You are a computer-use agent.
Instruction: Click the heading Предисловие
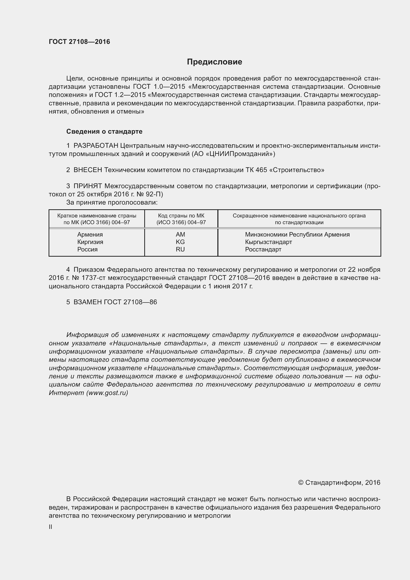tap(214, 62)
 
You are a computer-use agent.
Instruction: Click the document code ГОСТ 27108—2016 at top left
tap(79, 42)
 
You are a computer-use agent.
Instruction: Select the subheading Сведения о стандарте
tap(104, 131)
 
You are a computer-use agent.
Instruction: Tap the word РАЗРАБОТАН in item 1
tap(96, 146)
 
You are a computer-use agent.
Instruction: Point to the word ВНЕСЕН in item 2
tap(88, 170)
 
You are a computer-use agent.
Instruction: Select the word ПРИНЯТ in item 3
tap(88, 186)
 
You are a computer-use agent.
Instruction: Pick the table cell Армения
tap(90, 234)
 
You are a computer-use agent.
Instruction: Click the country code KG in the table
tap(180, 242)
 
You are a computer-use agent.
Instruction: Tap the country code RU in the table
tap(180, 249)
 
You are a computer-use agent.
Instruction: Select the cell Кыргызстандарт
tap(268, 242)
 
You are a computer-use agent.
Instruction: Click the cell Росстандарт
tap(263, 249)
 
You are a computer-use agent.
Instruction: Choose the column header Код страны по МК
tap(181, 216)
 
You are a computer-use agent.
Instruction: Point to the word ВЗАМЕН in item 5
tap(88, 302)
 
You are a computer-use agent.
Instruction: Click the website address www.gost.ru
tap(107, 393)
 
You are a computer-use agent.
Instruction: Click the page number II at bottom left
tap(51, 527)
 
